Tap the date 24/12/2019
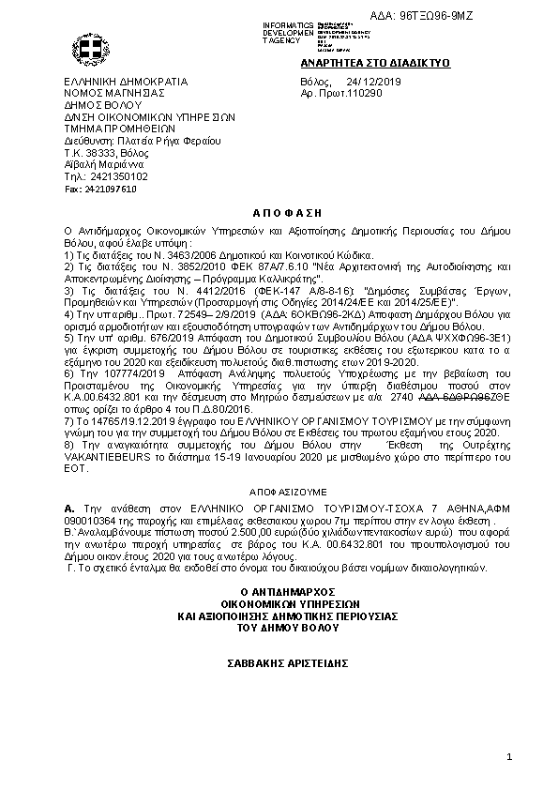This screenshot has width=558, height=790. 375,82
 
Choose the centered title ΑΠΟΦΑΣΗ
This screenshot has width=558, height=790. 279,214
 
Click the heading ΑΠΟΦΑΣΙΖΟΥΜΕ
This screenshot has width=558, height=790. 279,490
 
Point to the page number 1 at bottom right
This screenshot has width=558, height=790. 508,756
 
